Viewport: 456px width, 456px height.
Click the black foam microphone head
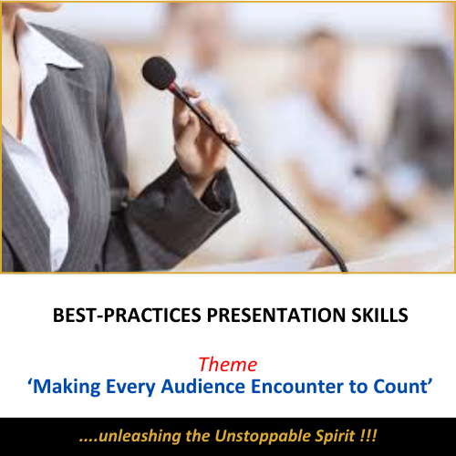pyautogui.click(x=159, y=73)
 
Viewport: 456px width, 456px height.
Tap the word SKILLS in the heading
pyautogui.click(x=379, y=315)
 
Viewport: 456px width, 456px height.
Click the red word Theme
pyautogui.click(x=228, y=364)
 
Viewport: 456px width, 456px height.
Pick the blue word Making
pyautogui.click(x=67, y=388)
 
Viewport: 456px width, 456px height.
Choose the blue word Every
pyautogui.click(x=130, y=388)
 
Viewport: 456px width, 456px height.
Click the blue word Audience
pyautogui.click(x=203, y=387)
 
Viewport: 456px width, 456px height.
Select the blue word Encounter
pyautogui.click(x=297, y=387)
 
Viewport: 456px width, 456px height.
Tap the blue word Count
pyautogui.click(x=400, y=387)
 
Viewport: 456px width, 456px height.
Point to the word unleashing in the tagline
pyautogui.click(x=140, y=436)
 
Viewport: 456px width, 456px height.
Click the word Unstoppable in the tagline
pyautogui.click(x=263, y=437)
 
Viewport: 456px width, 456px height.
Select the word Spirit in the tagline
pyautogui.click(x=335, y=437)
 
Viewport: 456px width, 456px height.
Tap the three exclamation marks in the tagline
pyautogui.click(x=368, y=436)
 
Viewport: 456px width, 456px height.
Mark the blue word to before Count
pyautogui.click(x=358, y=387)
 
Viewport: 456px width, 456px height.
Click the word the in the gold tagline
pyautogui.click(x=198, y=436)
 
